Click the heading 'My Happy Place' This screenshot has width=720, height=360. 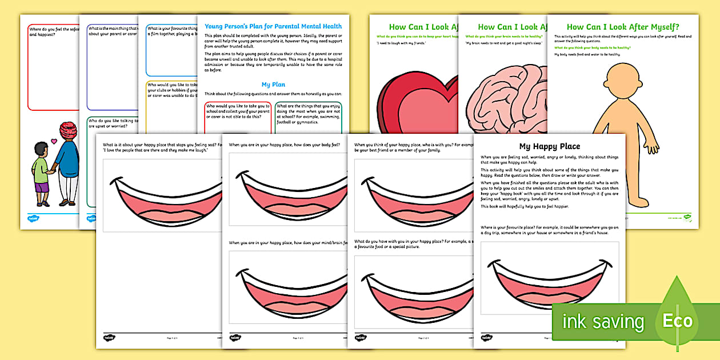549,146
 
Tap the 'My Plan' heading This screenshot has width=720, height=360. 273,85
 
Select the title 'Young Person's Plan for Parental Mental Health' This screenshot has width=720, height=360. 273,26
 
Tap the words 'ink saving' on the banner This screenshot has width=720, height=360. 602,322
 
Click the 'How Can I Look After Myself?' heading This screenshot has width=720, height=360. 622,27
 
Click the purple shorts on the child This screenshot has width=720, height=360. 41,187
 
